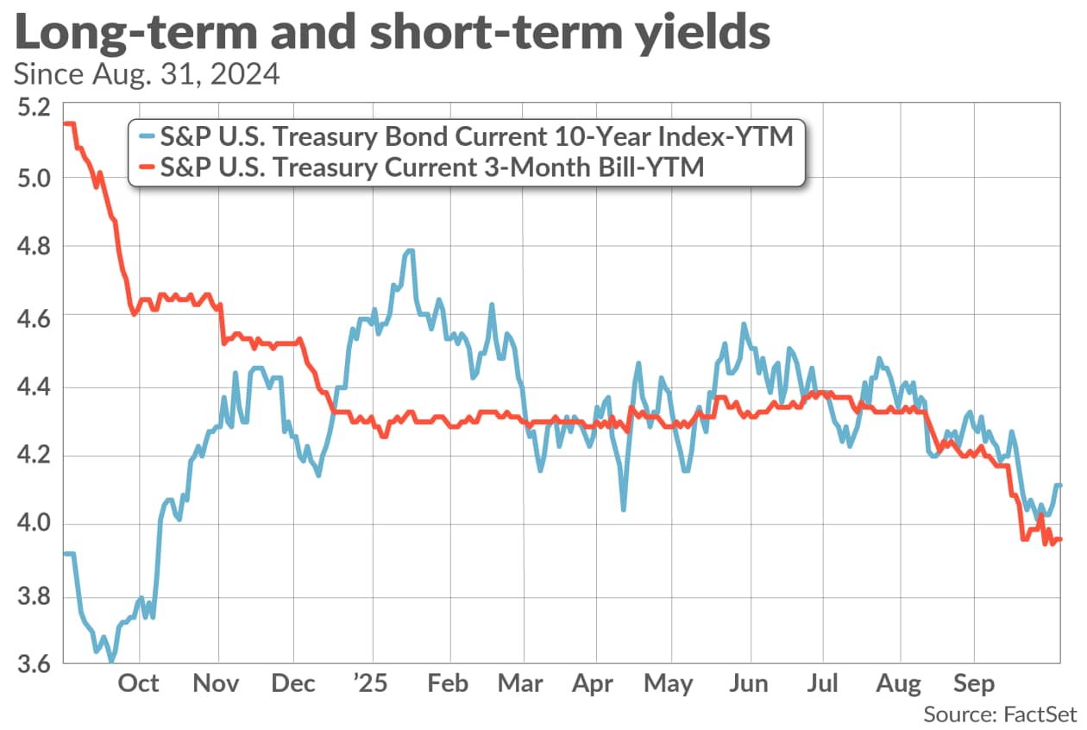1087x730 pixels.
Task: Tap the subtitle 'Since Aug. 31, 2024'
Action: click(147, 74)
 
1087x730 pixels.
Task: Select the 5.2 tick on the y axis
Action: click(33, 108)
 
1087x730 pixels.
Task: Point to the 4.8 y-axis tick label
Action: click(33, 247)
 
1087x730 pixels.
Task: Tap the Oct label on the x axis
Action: click(138, 683)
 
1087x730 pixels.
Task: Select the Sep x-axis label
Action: click(975, 683)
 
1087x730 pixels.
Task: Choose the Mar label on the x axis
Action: click(520, 683)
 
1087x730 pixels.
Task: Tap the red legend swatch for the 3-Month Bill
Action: click(148, 168)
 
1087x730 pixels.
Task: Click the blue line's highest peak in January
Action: click(410, 251)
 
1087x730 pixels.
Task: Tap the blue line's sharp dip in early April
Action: click(623, 509)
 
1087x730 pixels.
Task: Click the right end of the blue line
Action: click(1059, 486)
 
